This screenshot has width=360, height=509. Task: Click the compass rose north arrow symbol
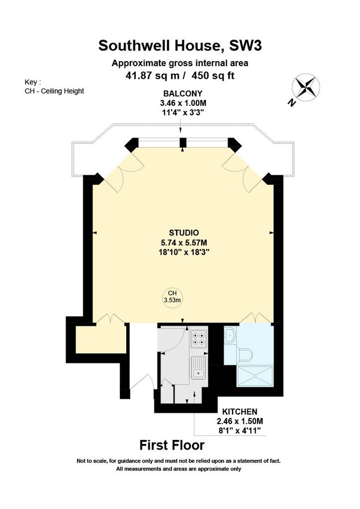pos(305,89)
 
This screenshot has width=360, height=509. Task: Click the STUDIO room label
pos(183,232)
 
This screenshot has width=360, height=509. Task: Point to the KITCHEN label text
pos(240,411)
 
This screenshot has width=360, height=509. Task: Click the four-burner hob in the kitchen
pos(199,339)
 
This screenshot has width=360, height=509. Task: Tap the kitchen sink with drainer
pos(198,367)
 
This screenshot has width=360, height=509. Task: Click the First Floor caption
pos(180,445)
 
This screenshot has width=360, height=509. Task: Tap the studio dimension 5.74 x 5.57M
pos(183,242)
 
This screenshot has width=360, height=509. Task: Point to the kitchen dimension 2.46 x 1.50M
pos(240,421)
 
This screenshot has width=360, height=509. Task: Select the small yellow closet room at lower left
pos(100,339)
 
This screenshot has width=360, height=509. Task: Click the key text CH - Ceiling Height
pos(54,91)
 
